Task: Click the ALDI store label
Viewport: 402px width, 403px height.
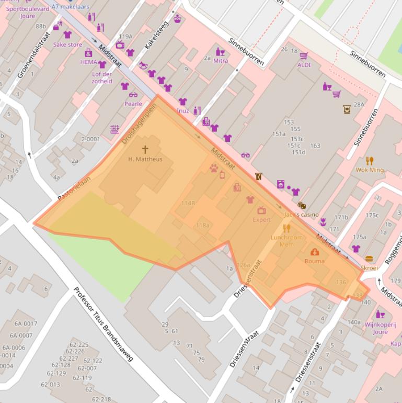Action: (304, 65)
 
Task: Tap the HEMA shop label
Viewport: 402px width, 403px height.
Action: (89, 62)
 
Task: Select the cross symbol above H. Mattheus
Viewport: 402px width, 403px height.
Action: (145, 150)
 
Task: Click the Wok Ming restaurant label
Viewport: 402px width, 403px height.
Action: (370, 170)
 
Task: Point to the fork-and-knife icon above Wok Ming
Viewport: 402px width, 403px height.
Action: (370, 161)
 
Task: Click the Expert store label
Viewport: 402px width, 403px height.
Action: (262, 220)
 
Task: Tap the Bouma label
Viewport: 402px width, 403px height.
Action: (315, 261)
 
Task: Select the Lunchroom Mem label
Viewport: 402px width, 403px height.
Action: (286, 241)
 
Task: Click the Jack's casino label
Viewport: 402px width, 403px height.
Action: (301, 215)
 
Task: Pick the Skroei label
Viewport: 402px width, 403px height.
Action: (369, 267)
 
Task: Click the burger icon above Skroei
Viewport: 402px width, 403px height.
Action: (369, 259)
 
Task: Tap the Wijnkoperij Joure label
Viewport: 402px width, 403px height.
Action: (380, 328)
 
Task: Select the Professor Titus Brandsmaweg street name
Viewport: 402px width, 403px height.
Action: (103, 324)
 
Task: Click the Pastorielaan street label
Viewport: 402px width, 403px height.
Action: (74, 188)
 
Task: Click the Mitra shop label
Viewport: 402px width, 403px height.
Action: (221, 61)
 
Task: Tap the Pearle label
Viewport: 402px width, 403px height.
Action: (133, 104)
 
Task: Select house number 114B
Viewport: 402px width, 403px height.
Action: (188, 203)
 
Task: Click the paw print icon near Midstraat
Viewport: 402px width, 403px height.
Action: (214, 168)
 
